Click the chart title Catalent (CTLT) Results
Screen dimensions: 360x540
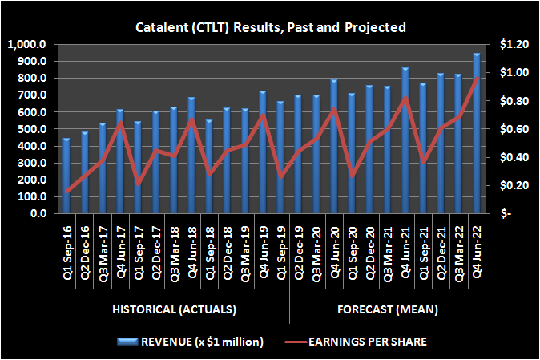point(269,27)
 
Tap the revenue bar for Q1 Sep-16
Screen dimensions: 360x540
point(66,176)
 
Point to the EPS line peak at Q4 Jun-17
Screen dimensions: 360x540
point(120,123)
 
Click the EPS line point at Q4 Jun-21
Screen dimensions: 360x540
point(405,98)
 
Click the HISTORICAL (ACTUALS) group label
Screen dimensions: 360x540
point(173,309)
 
